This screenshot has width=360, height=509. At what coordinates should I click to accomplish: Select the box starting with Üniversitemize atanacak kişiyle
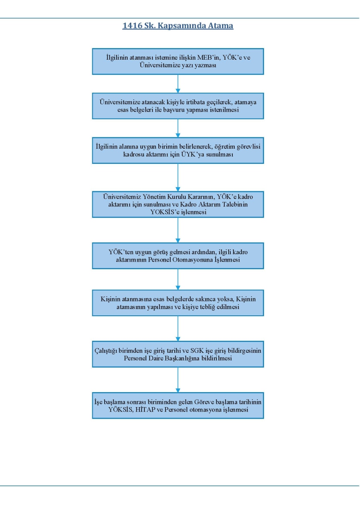point(178,106)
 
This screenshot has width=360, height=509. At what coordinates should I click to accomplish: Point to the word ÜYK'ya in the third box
point(193,154)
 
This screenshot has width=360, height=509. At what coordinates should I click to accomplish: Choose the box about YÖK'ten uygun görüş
point(178,256)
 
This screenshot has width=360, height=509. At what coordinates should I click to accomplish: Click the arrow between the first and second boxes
point(178,84)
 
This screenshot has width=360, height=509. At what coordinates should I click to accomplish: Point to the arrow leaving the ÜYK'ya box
point(178,177)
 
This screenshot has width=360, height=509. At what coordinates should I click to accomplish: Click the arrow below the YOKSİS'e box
point(178,230)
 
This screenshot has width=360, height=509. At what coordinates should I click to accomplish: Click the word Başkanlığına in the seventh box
point(182,358)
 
